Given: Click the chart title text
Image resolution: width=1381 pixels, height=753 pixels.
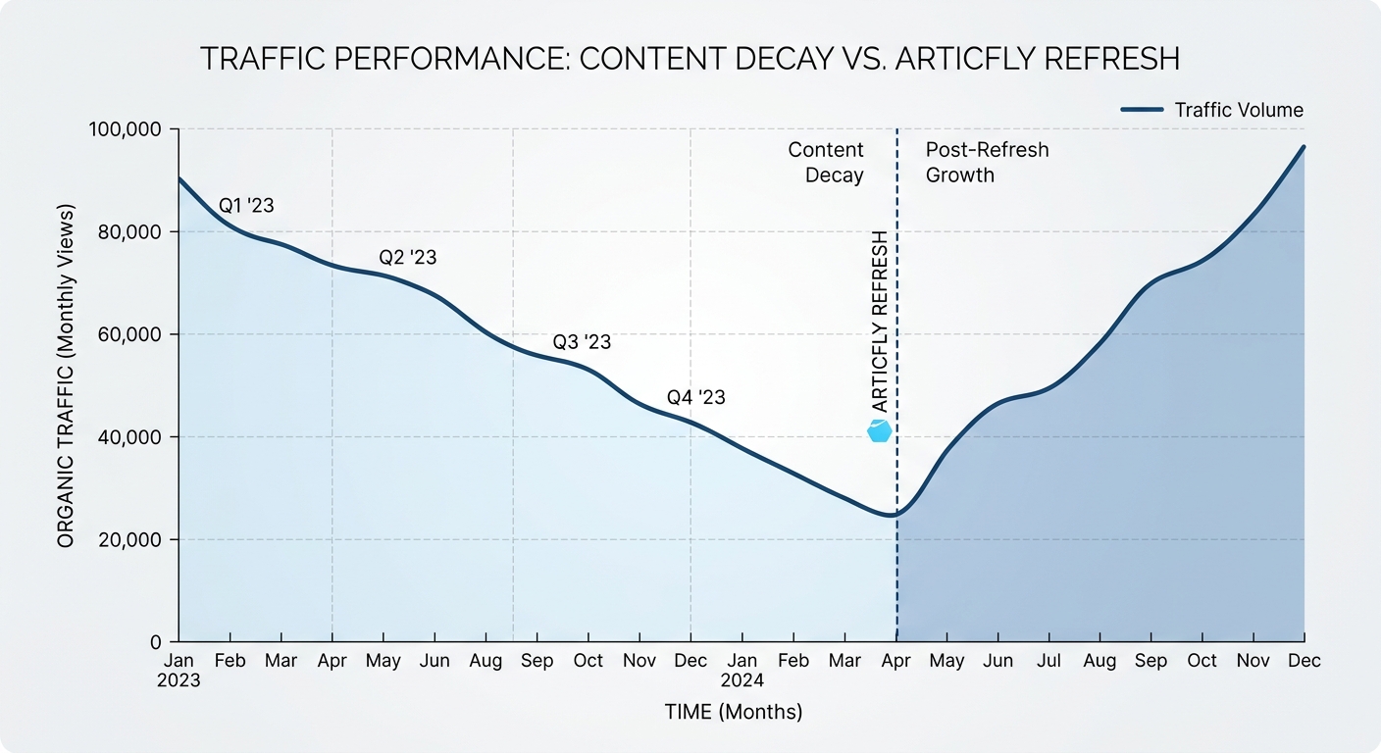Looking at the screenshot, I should click(690, 59).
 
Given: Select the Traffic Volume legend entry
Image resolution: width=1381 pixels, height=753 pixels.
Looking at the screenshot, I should click(1212, 110).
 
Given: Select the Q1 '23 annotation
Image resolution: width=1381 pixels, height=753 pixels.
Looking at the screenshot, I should click(245, 206).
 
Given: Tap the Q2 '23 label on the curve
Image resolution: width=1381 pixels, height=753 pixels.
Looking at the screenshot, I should click(407, 258).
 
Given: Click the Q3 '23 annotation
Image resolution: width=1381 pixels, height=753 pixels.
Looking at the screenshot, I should click(582, 342).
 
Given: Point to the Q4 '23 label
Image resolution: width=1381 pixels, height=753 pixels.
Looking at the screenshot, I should click(696, 397).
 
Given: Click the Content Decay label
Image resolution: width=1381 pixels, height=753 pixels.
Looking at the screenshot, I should click(827, 163).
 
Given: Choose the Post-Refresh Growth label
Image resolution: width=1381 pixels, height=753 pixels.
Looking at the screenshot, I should click(987, 163).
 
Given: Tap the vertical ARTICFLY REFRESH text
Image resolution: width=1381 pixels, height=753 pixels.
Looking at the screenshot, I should click(880, 322).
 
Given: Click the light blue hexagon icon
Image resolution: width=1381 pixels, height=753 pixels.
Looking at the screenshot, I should click(880, 430).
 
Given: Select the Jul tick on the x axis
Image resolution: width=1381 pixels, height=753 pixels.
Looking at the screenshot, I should click(1049, 661).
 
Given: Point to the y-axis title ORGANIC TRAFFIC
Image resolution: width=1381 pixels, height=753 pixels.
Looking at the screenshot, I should click(66, 376).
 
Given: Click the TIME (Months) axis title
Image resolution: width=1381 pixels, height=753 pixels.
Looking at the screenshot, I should click(732, 713).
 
